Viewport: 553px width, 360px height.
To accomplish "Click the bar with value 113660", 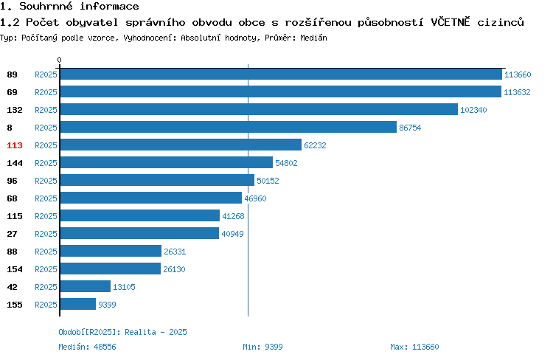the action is coord(281,74).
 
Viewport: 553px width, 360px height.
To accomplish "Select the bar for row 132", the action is coord(260,109).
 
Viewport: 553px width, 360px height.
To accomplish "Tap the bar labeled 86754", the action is coord(229,127).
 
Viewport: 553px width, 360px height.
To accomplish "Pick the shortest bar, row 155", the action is coord(78,304).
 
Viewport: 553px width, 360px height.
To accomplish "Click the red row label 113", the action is coord(15,145).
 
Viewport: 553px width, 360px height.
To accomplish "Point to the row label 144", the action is coord(15,163).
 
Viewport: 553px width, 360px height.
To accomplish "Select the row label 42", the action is coord(12,286).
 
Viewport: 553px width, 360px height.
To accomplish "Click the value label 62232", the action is coord(315,145).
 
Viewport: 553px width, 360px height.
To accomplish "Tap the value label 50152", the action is coord(268,180).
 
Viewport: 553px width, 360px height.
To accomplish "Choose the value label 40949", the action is coord(232,234).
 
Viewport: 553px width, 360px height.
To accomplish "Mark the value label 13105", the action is coord(124,286).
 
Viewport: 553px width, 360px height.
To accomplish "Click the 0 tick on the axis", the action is coord(59,60).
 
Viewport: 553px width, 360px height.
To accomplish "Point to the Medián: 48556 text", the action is coord(87,347).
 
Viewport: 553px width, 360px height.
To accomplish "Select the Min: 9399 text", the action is coord(262,347).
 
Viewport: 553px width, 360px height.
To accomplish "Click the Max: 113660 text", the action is coord(414,347).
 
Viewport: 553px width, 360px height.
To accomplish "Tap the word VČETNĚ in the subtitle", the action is coord(451,21).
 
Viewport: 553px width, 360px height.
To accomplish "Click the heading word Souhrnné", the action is coord(46,6).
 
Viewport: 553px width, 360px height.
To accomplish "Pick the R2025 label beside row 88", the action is coord(46,252).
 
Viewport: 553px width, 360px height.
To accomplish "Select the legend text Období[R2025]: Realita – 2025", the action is coord(122,332).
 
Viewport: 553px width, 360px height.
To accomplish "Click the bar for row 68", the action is coord(151,198).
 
